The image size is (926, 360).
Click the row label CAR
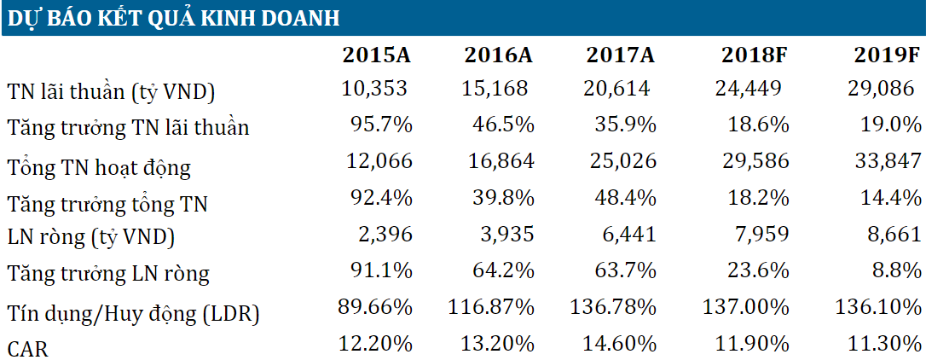point(27,347)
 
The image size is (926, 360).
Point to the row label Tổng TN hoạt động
point(99,168)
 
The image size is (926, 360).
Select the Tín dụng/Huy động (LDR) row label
point(133,314)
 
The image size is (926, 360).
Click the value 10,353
point(374,89)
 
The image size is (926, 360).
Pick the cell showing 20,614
point(617,89)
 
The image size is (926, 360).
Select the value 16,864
point(501,160)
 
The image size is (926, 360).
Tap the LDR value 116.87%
point(491,307)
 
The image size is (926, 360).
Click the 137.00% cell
point(746,307)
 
